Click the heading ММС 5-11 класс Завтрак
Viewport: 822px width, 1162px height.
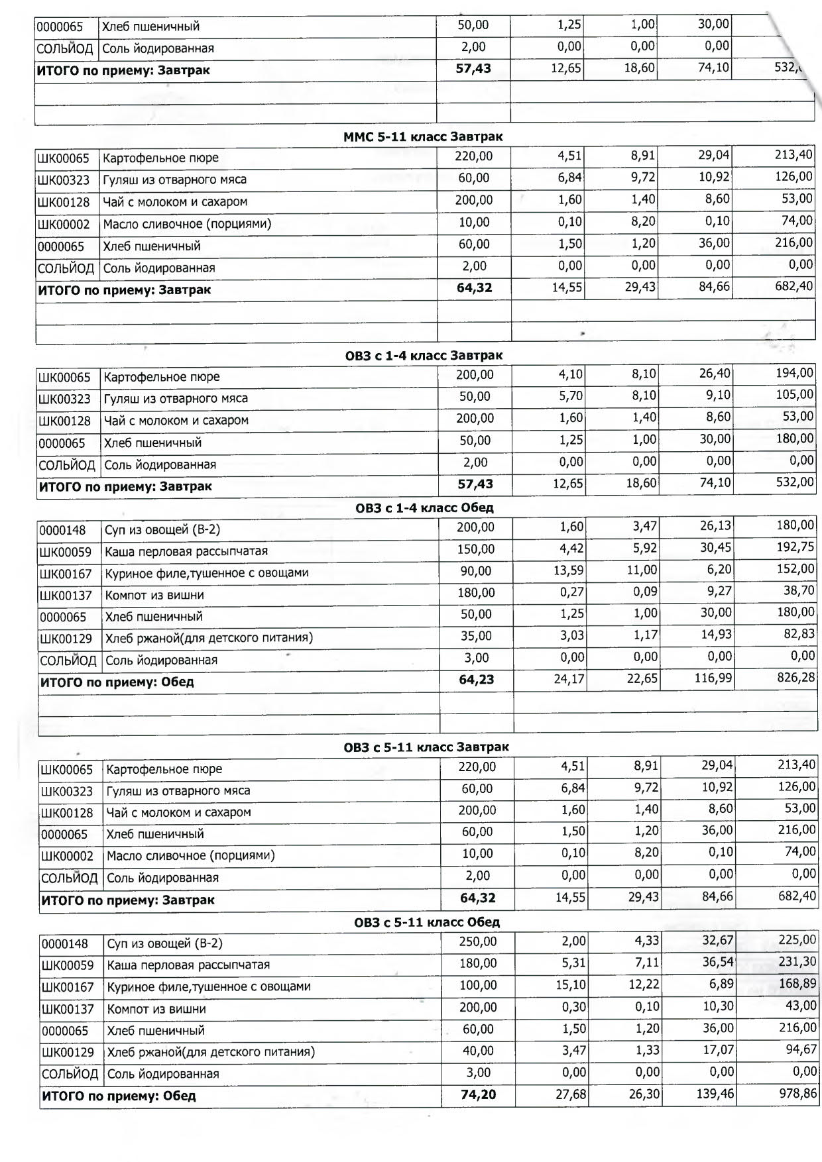point(423,137)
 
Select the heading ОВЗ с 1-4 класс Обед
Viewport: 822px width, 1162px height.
point(424,508)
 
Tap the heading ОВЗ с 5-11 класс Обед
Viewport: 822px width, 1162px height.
point(427,922)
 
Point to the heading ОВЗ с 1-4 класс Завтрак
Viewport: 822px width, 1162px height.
point(424,356)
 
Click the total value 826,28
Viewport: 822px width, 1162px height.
point(795,679)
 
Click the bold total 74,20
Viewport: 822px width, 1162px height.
point(478,1094)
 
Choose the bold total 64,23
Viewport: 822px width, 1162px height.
point(476,680)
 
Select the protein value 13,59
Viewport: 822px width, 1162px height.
point(569,570)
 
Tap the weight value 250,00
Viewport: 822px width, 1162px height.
point(477,941)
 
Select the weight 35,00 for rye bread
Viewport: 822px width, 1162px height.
point(476,636)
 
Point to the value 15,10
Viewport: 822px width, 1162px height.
point(571,984)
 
